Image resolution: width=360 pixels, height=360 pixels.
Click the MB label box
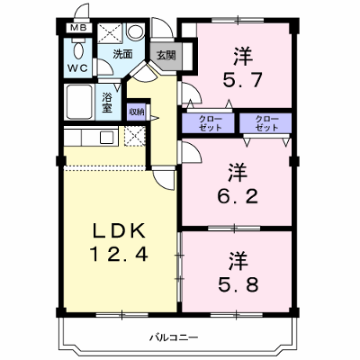click(78, 28)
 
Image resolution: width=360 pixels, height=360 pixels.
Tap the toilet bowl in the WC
click(79, 49)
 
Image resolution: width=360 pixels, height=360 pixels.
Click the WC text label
click(77, 68)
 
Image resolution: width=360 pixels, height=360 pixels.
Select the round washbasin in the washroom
click(136, 31)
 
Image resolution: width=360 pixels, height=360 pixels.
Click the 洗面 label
click(122, 54)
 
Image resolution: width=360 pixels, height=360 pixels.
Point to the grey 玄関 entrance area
click(166, 56)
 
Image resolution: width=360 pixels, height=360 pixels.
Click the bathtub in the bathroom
click(79, 102)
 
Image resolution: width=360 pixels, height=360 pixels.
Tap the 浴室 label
click(107, 103)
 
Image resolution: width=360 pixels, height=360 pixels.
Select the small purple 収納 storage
click(137, 112)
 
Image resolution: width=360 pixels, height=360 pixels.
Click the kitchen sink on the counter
click(106, 138)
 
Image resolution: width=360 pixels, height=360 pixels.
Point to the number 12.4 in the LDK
click(119, 254)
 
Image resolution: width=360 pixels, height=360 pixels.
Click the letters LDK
click(119, 231)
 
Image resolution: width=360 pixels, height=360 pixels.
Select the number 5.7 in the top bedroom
click(243, 79)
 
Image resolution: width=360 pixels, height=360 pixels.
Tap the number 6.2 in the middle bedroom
click(238, 196)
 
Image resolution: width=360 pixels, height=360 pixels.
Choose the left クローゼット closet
click(208, 123)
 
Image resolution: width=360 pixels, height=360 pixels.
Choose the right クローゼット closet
click(265, 123)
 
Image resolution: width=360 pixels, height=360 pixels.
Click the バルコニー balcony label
click(174, 338)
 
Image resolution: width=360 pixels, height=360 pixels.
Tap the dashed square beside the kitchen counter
click(135, 136)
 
